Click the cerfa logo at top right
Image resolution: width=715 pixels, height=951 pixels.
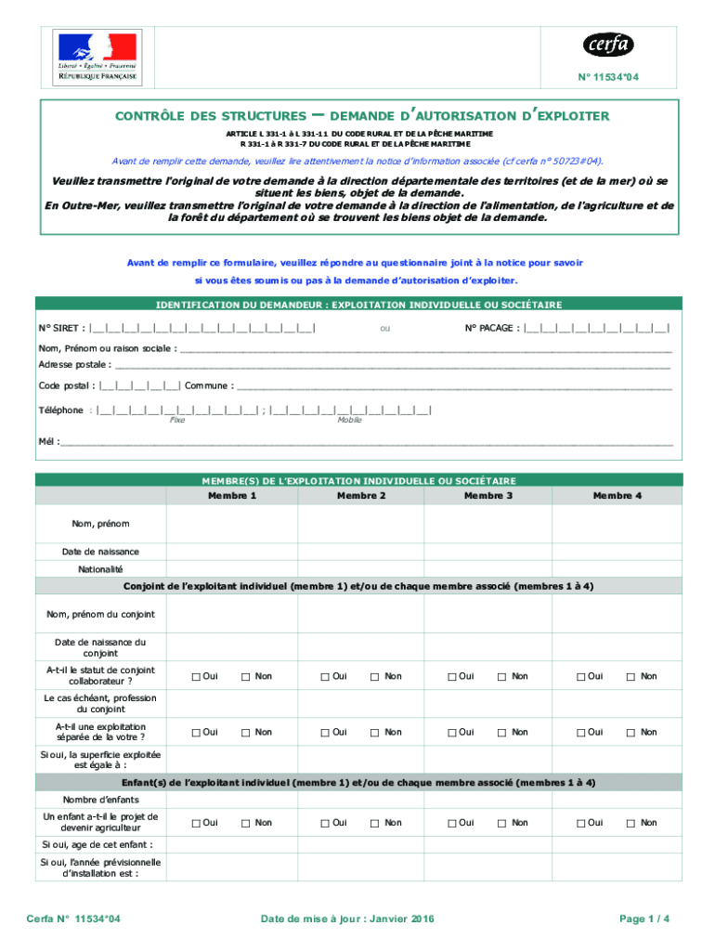pyautogui.click(x=608, y=44)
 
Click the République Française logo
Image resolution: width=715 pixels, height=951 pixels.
pyautogui.click(x=97, y=58)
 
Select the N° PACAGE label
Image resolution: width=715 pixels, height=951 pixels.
pyautogui.click(x=492, y=328)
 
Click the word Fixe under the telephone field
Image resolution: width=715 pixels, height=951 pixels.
pyautogui.click(x=176, y=420)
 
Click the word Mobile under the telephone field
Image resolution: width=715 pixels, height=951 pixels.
pyautogui.click(x=349, y=420)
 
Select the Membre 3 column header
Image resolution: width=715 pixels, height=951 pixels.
pyautogui.click(x=488, y=495)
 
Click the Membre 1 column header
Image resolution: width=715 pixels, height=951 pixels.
pyautogui.click(x=232, y=495)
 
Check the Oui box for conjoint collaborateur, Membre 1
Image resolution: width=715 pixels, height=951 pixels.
pyautogui.click(x=196, y=676)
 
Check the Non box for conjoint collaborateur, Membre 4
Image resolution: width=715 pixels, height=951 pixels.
pyautogui.click(x=631, y=676)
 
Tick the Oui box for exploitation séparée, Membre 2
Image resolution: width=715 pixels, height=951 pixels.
pyautogui.click(x=325, y=733)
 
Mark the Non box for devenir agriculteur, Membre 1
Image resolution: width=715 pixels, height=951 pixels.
pyautogui.click(x=246, y=823)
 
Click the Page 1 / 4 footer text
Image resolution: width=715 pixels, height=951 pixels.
pyautogui.click(x=643, y=918)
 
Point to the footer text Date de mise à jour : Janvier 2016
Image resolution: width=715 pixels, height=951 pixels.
pyautogui.click(x=347, y=918)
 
